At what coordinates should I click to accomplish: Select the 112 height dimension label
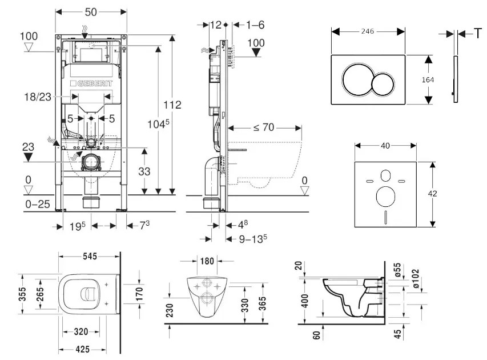tap(171, 105)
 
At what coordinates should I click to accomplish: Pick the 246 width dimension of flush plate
tap(368, 31)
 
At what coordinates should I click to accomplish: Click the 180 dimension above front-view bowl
tap(207, 261)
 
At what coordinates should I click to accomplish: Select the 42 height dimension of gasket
tap(432, 194)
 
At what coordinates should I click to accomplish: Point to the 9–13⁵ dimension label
tap(253, 239)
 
